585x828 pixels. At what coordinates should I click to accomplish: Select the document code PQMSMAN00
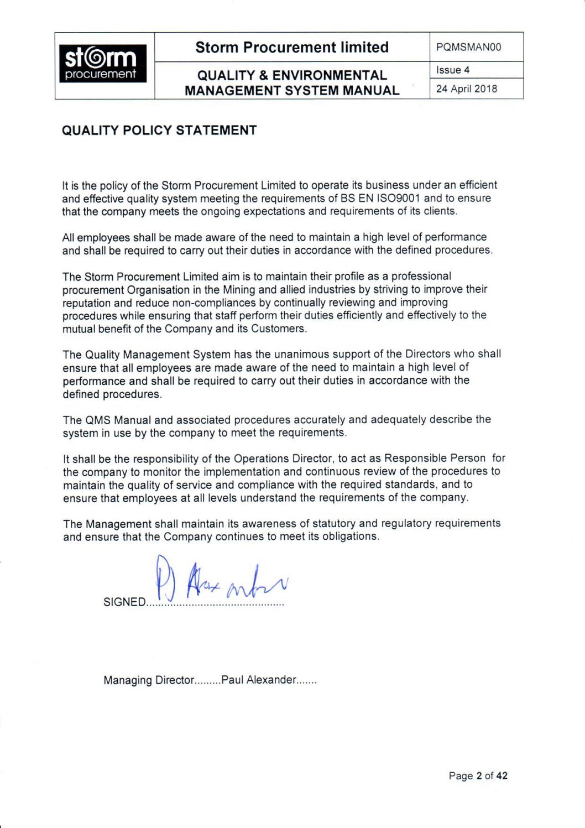tap(468, 48)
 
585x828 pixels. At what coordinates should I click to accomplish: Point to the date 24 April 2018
tap(467, 89)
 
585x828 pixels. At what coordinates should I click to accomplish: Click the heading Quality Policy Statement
tap(159, 131)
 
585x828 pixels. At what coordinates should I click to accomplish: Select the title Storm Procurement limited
tap(292, 48)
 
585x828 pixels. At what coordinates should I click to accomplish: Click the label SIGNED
tap(124, 602)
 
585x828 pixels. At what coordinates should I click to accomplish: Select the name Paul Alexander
tap(259, 680)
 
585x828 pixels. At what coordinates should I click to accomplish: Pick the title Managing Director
tap(149, 680)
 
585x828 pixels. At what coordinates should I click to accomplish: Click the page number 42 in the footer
tap(502, 776)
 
